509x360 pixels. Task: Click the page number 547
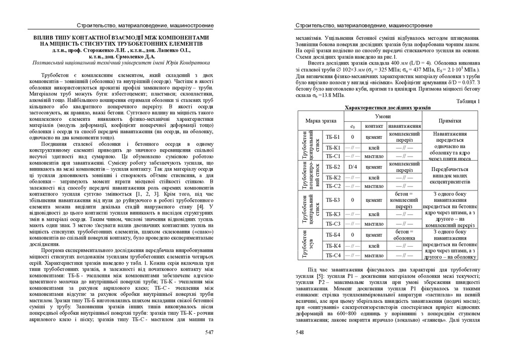pyautogui.click(x=209, y=332)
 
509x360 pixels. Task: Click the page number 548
pyautogui.click(x=300, y=332)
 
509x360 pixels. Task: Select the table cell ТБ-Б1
pyautogui.click(x=333, y=137)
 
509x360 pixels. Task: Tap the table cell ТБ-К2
pyautogui.click(x=333, y=178)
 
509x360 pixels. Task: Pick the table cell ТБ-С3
pyautogui.click(x=333, y=223)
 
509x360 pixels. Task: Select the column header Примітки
pyautogui.click(x=450, y=121)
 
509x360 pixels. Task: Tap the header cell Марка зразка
pyautogui.click(x=321, y=121)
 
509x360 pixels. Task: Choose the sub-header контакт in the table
pyautogui.click(x=374, y=126)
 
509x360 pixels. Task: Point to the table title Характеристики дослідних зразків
pyautogui.click(x=388, y=107)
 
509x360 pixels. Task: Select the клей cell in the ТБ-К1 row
pyautogui.click(x=374, y=148)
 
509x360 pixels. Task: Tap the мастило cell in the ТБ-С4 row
pyautogui.click(x=374, y=255)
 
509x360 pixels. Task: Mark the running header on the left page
pyautogui.click(x=145, y=25)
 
